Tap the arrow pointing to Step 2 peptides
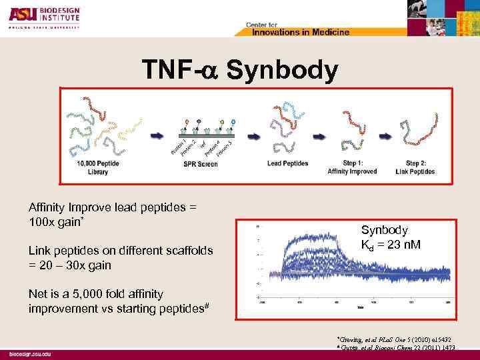(x=385, y=135)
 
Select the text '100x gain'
(x=54, y=221)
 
